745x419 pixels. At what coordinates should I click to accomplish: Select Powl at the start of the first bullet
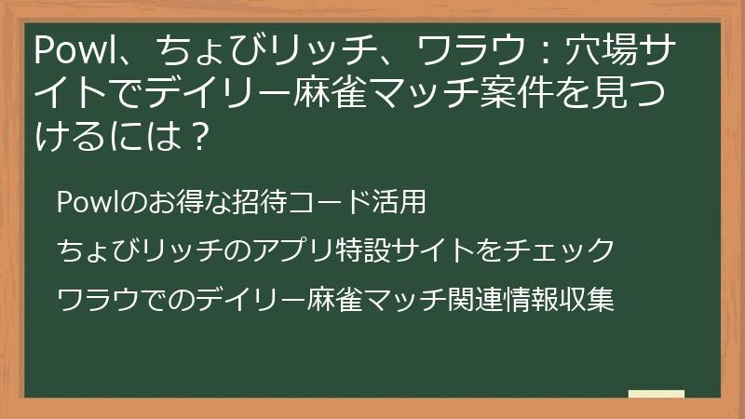pos(81,201)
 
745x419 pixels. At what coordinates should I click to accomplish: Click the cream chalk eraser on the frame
pos(657,394)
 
